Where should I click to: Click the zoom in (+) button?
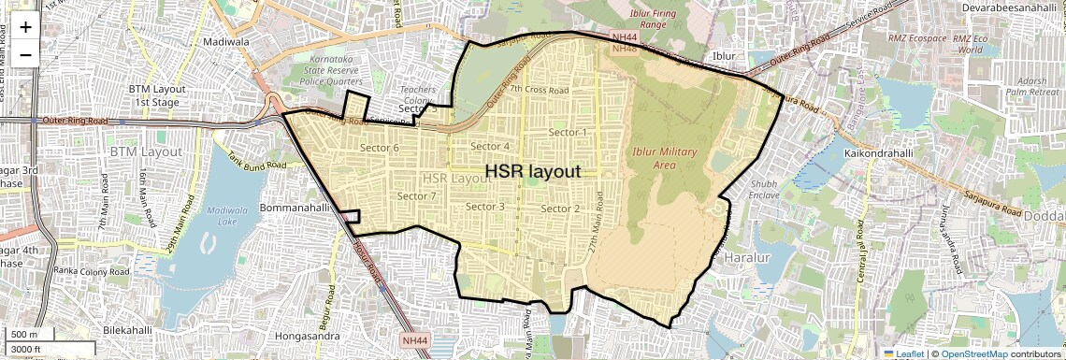(x=25, y=26)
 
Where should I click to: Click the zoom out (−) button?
(x=25, y=54)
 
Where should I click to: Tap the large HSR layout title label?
(x=532, y=172)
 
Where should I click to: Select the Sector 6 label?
(x=379, y=149)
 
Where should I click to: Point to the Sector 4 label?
(x=490, y=146)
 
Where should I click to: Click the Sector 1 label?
(x=569, y=133)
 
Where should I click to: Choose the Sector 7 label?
(x=417, y=196)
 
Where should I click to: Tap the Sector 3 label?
(x=485, y=207)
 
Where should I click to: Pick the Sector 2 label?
(x=561, y=209)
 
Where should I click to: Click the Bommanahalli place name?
(x=292, y=207)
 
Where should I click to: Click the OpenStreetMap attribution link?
(x=973, y=353)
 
